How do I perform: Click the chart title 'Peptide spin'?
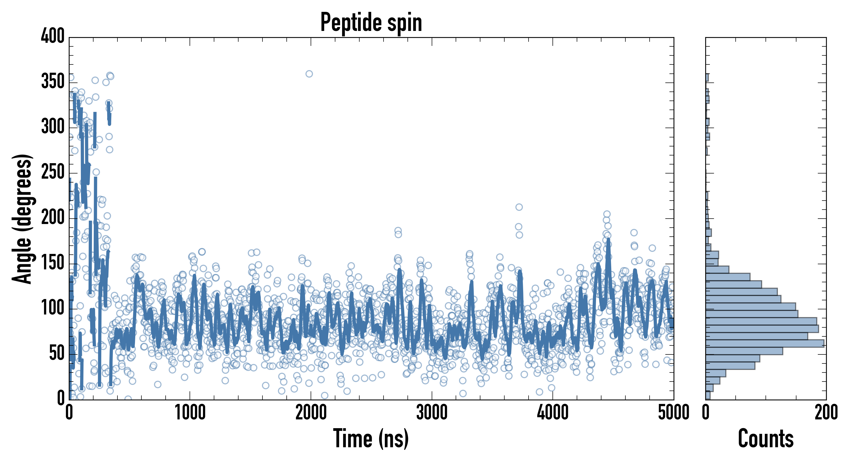coord(371,22)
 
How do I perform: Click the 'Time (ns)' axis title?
coord(371,438)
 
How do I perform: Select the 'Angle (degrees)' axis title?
coord(22,219)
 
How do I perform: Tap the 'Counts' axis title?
coord(766,438)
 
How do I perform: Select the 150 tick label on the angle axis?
coord(53,263)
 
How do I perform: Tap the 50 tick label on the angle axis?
coord(56,353)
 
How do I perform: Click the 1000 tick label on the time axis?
coord(190,413)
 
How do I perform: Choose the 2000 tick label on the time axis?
coord(311,413)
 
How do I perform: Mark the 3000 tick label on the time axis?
coord(432,413)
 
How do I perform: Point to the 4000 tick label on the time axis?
coord(553,413)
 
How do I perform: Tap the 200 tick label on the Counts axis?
coord(826,413)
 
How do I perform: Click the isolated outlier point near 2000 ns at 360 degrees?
coord(309,74)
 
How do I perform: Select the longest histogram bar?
coord(764,343)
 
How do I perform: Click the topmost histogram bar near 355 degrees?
coord(707,78)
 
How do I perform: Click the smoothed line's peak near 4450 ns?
coord(608,239)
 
